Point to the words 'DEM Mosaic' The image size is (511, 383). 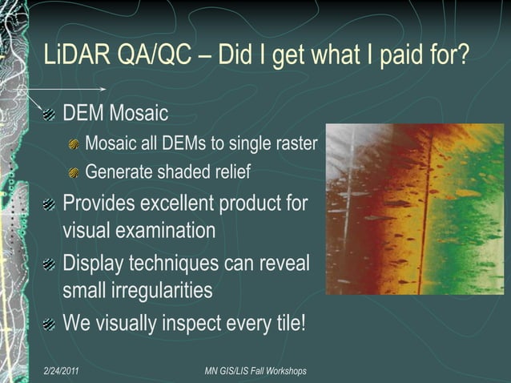[x=115, y=113]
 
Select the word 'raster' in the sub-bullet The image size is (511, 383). [x=296, y=144]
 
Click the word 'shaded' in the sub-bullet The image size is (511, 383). [x=182, y=171]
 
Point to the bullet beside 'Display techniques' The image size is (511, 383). [x=50, y=264]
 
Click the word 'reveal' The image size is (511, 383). [x=284, y=262]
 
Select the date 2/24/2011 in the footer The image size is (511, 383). [x=66, y=371]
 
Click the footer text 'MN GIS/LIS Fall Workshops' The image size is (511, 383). [x=255, y=371]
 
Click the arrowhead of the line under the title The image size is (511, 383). [x=103, y=88]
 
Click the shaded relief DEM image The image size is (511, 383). [x=414, y=208]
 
